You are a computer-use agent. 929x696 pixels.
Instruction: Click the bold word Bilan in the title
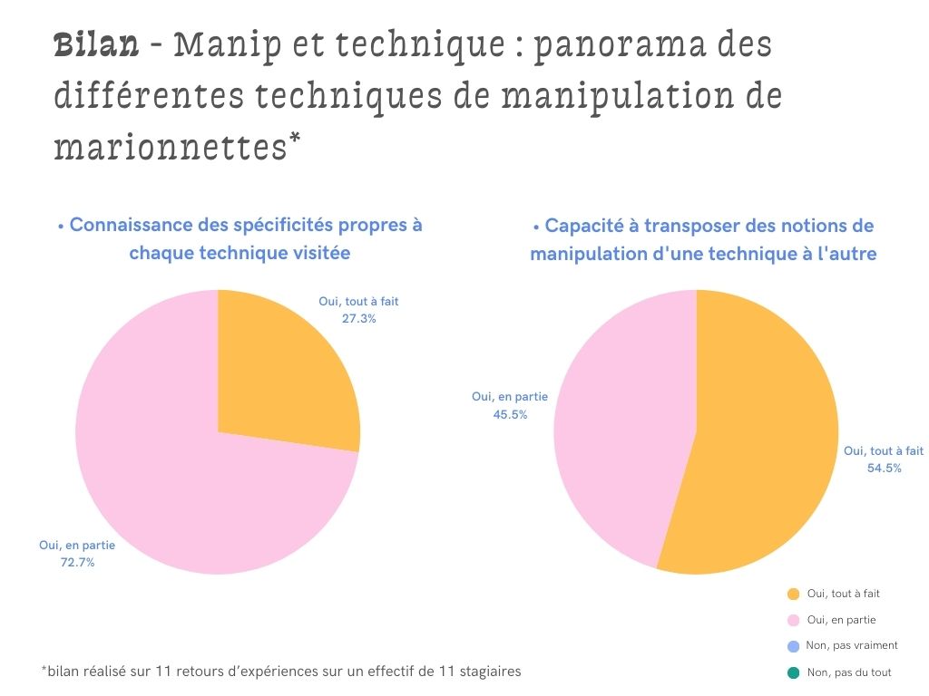tap(96, 45)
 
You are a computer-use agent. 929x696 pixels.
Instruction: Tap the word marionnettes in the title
tap(170, 146)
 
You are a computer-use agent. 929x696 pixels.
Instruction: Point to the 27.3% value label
tap(359, 319)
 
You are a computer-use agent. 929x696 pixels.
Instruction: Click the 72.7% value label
tap(78, 563)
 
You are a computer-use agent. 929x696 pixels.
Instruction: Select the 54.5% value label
tap(884, 469)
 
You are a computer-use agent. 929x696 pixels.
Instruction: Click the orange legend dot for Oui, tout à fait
tap(793, 594)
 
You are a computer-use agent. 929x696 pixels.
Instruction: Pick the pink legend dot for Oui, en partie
tap(793, 621)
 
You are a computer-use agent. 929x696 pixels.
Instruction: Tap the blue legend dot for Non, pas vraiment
tap(793, 646)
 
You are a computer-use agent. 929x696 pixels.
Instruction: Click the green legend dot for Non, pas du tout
tap(793, 672)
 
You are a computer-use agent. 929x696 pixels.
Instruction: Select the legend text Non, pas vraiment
tap(852, 646)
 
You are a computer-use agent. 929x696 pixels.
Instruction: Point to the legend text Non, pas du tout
tap(849, 672)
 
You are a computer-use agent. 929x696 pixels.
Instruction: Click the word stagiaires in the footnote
tap(489, 672)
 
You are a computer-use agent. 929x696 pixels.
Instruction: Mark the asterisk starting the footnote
tap(44, 670)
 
